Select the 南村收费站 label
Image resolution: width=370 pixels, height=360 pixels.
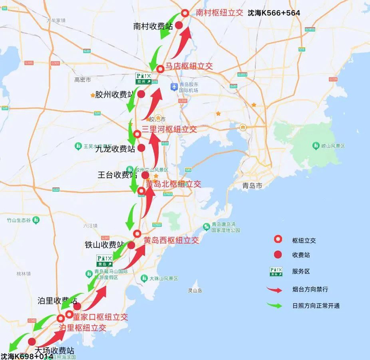coord(153,25)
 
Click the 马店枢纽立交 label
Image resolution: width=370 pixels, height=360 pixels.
coord(189,66)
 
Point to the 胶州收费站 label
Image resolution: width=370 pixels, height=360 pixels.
coord(114,94)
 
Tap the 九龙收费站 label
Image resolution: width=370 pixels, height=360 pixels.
coord(115,149)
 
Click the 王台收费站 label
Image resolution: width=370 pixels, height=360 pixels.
coord(118,174)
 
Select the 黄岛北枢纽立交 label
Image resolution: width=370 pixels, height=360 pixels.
coord(173,184)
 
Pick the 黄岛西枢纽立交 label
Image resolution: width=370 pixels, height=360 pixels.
coord(171,240)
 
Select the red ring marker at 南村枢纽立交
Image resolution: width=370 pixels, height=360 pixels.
coord(185,13)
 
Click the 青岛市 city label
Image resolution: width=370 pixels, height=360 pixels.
coord(252,186)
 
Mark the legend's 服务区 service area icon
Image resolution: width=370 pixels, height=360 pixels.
coord(277,271)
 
